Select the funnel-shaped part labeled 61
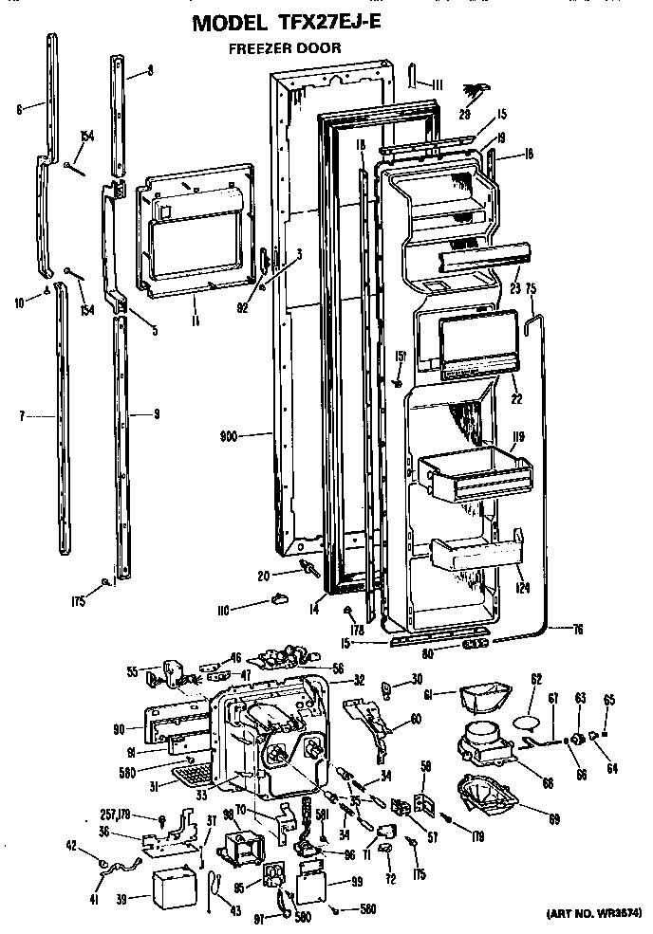(x=478, y=700)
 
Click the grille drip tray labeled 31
(x=190, y=778)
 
